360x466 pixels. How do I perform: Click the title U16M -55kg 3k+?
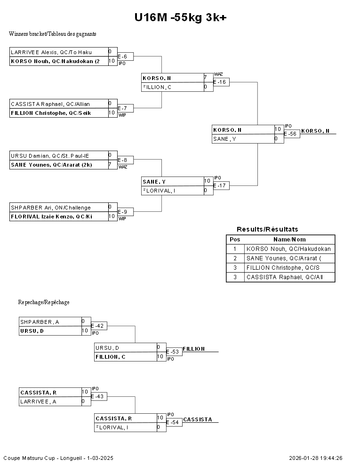(180, 17)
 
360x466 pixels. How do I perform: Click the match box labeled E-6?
(125, 56)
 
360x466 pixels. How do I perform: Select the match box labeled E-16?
(221, 82)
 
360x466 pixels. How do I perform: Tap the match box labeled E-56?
(291, 134)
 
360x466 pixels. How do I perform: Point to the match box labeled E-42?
(99, 326)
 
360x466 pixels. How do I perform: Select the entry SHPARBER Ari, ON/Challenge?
(51, 208)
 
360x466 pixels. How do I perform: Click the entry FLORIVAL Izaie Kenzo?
(51, 217)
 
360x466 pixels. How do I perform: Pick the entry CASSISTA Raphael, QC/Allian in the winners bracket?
(51, 104)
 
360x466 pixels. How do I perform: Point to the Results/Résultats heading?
(267, 229)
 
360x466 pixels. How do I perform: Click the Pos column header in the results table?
(235, 240)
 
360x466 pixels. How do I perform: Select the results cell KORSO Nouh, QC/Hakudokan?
(288, 249)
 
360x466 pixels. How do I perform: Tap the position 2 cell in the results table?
(235, 258)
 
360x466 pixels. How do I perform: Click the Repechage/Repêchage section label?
(44, 302)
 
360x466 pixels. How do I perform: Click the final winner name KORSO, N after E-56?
(315, 131)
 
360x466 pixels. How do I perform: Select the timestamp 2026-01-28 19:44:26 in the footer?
(316, 458)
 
